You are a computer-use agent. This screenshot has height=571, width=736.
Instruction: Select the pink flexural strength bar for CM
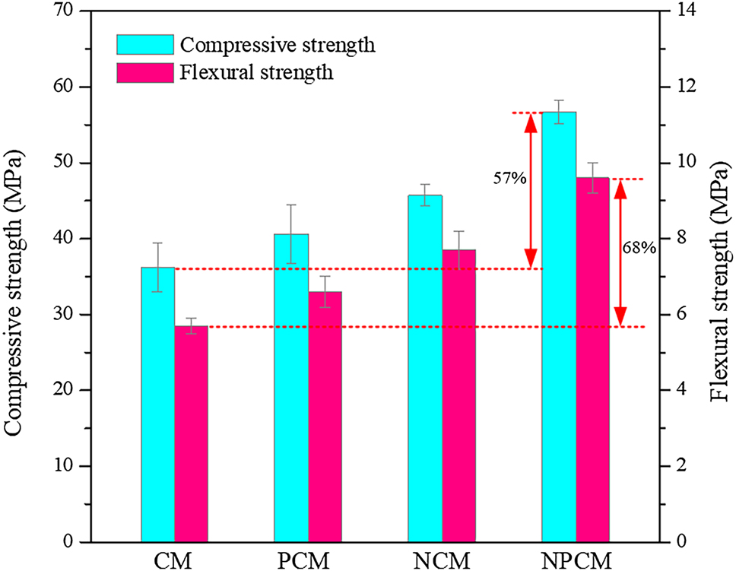(x=191, y=433)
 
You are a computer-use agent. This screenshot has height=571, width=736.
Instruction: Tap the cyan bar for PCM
(x=291, y=388)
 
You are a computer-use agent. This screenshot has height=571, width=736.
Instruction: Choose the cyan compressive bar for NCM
(x=425, y=369)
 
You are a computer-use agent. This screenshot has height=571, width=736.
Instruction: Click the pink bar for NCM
(x=458, y=395)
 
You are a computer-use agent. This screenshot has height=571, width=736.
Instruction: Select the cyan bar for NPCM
(x=559, y=327)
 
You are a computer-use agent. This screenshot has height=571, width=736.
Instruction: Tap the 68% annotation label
(x=639, y=249)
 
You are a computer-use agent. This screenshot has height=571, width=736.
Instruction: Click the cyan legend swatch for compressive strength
(x=144, y=44)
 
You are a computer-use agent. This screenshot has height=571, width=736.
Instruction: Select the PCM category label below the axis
(x=308, y=560)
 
